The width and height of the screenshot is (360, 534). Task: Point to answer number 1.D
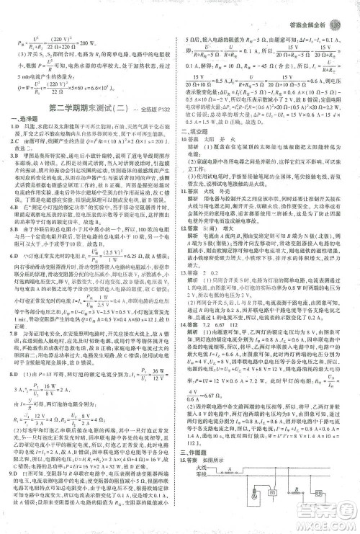click(15, 128)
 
